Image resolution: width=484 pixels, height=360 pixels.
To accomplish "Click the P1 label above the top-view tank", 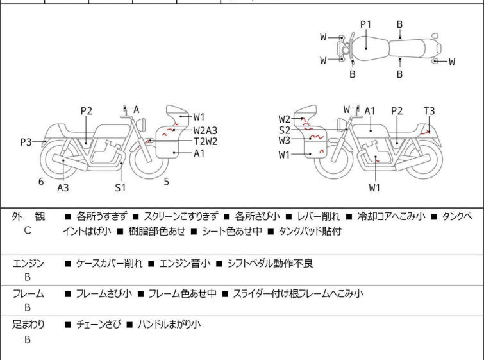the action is click(x=366, y=24).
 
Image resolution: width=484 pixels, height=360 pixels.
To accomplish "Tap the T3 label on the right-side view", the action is click(x=429, y=110).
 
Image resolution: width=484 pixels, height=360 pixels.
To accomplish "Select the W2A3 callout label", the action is click(x=205, y=130).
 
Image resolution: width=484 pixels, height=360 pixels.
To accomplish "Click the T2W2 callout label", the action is click(x=206, y=142).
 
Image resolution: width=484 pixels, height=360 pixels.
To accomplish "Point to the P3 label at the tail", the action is click(x=26, y=142).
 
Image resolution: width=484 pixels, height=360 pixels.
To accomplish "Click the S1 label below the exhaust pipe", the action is click(x=121, y=187).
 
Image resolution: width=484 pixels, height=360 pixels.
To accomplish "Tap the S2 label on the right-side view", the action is click(x=285, y=130).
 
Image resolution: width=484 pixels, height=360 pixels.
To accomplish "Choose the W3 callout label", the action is click(x=285, y=141).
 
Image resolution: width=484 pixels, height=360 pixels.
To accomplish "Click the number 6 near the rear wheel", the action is click(x=41, y=182).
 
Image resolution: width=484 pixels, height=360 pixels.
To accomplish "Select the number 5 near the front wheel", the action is click(x=167, y=182).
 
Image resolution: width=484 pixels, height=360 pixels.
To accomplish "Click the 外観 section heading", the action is click(x=28, y=217).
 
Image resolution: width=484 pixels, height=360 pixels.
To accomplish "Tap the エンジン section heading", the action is click(x=28, y=263).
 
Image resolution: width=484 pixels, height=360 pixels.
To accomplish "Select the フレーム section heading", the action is click(x=28, y=293).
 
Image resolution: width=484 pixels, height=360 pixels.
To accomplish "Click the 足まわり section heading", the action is click(x=28, y=325).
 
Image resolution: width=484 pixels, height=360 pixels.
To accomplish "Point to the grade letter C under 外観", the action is click(x=28, y=230).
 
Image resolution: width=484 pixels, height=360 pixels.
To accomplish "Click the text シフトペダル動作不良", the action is click(x=270, y=263).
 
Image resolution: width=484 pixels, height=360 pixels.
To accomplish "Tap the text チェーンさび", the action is click(x=99, y=325).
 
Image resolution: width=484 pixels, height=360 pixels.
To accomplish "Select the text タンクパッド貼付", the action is click(x=310, y=231).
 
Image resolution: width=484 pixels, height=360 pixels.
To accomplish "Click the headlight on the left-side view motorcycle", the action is click(x=141, y=124).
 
